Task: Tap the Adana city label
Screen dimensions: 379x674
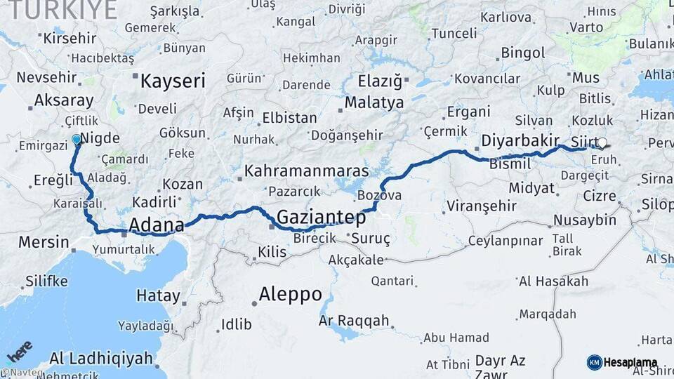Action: (156, 225)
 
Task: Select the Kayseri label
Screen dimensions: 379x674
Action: (173, 81)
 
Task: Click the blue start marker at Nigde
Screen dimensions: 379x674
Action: (77, 140)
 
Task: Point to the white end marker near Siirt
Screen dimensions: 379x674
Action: (602, 143)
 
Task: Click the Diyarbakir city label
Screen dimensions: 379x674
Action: (520, 140)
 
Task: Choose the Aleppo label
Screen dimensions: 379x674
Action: (290, 293)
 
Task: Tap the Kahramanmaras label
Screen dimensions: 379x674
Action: (307, 171)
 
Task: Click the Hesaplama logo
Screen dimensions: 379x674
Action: (622, 362)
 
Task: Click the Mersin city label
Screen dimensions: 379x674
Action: (44, 243)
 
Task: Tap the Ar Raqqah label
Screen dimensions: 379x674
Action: (354, 321)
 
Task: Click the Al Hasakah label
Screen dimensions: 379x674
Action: (553, 281)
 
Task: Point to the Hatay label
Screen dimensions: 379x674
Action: (158, 295)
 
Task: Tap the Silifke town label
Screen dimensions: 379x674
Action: (46, 281)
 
